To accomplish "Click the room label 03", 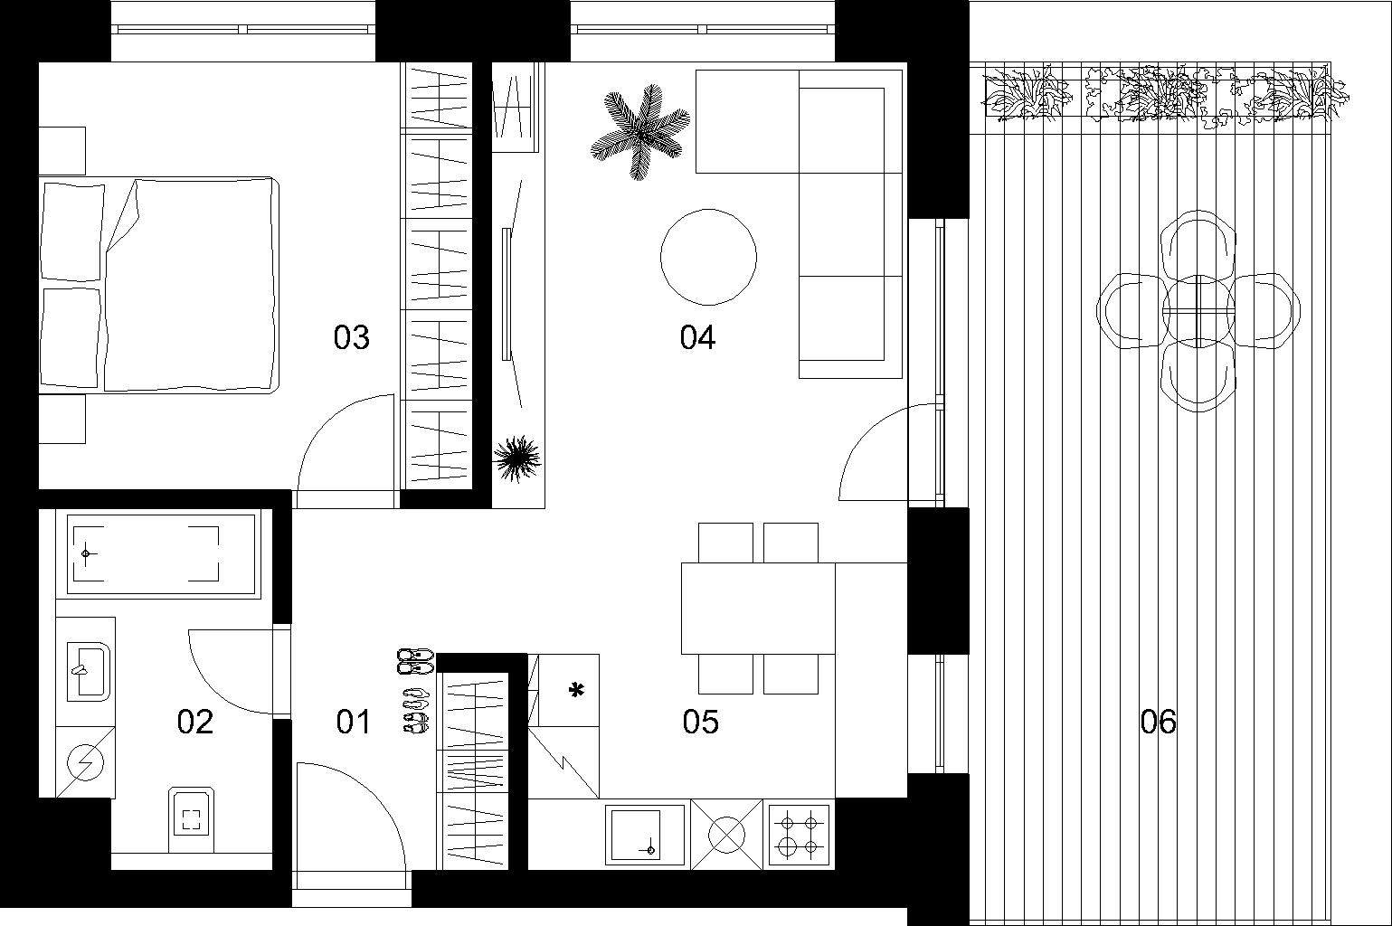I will click(x=352, y=337).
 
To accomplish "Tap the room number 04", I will click(x=697, y=337).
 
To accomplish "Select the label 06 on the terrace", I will click(x=1158, y=722).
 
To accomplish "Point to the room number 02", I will click(x=195, y=722).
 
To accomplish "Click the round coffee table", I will click(x=708, y=256).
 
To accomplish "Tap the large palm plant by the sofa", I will click(x=640, y=133).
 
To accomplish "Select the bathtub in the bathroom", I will click(x=161, y=553).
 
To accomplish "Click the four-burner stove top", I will click(x=799, y=835).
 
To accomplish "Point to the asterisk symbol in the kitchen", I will click(x=576, y=692).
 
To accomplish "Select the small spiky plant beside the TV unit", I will click(x=517, y=458).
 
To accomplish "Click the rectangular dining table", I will click(x=758, y=608).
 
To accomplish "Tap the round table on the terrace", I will click(x=1198, y=310).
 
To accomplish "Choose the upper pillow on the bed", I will click(x=72, y=231).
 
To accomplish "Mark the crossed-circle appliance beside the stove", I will click(x=725, y=835).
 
